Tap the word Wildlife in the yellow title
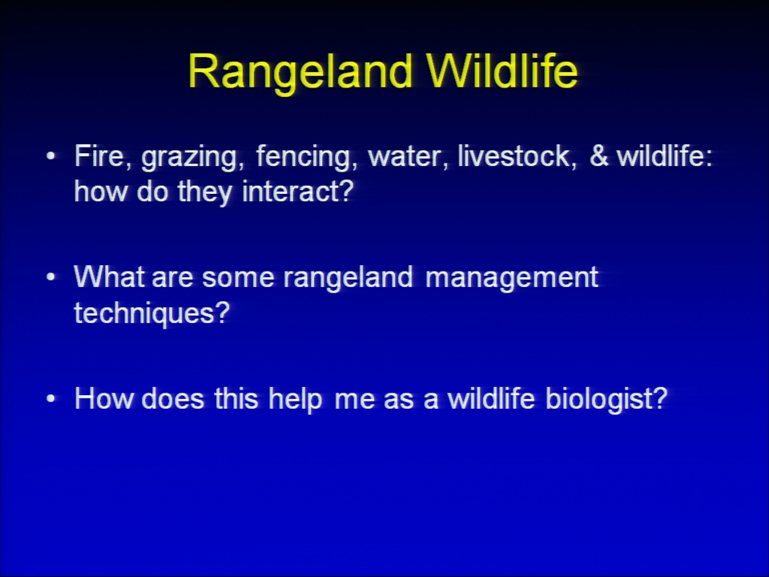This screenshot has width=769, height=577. click(502, 71)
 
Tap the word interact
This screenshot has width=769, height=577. click(298, 192)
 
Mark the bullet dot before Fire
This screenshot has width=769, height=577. click(50, 156)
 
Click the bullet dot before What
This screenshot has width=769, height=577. click(50, 277)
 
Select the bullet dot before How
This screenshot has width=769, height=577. click(50, 398)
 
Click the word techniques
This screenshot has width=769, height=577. click(151, 313)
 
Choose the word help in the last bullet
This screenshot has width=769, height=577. click(296, 400)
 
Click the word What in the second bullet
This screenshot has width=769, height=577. click(109, 276)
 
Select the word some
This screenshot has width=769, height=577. click(238, 279)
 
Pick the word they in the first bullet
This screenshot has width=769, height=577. click(204, 193)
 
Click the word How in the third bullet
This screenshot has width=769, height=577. click(103, 398)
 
